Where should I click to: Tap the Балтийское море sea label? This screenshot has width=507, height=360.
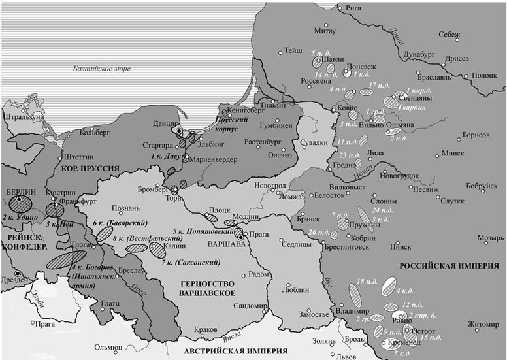click(101, 69)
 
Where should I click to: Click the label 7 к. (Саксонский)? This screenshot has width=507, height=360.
click(189, 262)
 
